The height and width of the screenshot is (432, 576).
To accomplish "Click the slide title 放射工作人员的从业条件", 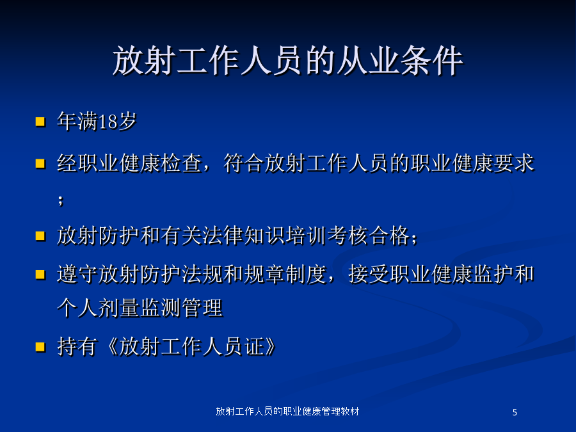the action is click(287, 61).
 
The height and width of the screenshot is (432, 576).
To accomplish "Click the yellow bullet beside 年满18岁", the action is click(40, 122).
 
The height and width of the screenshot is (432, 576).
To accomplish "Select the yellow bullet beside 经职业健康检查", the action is click(40, 163).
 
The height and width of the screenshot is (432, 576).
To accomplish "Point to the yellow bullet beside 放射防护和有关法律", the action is click(40, 236).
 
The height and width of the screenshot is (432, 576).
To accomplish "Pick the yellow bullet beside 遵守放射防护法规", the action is click(40, 275).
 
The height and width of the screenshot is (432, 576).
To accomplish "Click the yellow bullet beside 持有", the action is click(40, 347).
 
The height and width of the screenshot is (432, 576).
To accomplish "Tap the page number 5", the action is click(515, 412).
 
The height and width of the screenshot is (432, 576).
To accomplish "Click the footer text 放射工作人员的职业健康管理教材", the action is click(287, 412).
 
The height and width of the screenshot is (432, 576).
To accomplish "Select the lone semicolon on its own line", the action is click(61, 200).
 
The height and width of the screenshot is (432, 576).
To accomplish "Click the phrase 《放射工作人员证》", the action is click(191, 346).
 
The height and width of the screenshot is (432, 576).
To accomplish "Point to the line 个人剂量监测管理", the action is click(140, 308).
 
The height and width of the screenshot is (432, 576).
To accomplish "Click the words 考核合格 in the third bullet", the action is click(368, 236).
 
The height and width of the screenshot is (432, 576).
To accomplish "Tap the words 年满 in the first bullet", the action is click(77, 121).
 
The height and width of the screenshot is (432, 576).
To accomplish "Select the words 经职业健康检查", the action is click(129, 163).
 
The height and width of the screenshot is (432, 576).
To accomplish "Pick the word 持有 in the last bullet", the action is click(77, 346).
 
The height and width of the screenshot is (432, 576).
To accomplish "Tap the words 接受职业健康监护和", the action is click(441, 275).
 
